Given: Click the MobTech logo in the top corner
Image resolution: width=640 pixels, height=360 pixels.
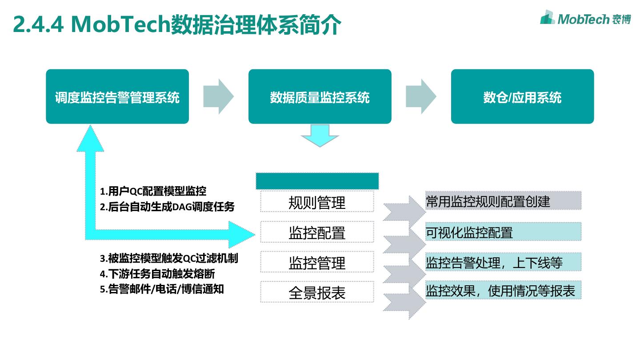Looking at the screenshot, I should click(585, 18).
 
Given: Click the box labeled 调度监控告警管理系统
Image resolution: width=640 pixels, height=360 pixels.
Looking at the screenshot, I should click(117, 96).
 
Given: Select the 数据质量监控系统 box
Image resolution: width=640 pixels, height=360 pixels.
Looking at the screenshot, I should click(320, 96).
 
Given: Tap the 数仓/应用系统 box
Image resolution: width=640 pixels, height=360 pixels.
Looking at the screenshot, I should click(522, 96).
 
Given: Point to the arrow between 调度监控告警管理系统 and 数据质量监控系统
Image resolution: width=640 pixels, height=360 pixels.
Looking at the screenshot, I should click(219, 96).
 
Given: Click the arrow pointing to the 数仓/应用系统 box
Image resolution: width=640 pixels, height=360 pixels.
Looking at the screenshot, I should click(421, 96).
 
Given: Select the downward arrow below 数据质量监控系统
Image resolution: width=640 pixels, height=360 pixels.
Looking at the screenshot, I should click(320, 136).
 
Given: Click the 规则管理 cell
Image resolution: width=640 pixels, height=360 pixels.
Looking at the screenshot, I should click(317, 202).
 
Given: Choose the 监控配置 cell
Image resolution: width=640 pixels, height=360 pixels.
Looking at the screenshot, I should click(317, 232).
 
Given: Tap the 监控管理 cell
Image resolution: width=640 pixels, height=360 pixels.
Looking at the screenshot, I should click(317, 262).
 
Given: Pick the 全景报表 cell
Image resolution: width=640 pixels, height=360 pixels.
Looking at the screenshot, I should click(317, 292).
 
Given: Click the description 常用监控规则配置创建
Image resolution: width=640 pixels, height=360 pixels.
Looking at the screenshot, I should click(488, 201).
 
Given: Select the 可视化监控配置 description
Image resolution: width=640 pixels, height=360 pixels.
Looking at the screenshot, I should click(469, 232).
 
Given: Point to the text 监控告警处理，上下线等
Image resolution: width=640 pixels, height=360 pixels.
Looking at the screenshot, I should click(494, 262).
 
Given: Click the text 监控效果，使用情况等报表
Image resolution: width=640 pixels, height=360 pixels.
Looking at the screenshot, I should click(500, 291).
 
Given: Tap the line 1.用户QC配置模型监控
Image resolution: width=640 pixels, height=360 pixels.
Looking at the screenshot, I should click(153, 192).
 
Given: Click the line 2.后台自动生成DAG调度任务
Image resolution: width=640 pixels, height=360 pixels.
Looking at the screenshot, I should click(167, 207).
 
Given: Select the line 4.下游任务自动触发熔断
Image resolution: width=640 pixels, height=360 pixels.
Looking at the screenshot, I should click(157, 273).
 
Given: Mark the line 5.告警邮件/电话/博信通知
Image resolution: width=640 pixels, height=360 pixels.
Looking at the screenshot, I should click(162, 289).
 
